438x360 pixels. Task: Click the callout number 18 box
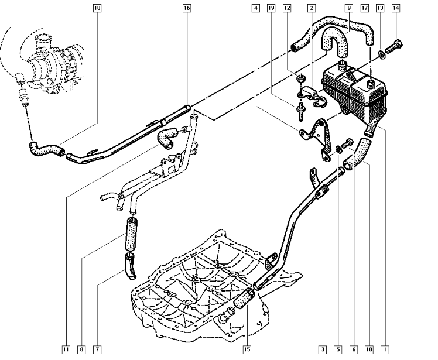click(97, 8)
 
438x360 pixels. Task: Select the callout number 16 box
click(187, 8)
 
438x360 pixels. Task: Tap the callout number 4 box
click(256, 8)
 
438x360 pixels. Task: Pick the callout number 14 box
click(396, 8)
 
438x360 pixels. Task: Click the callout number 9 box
click(348, 8)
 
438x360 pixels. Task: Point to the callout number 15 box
click(247, 350)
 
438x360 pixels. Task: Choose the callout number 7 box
click(97, 350)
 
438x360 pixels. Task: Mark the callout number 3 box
click(321, 350)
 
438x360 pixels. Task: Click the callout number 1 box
click(385, 350)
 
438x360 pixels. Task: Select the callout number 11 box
click(66, 350)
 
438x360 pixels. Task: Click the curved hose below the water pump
click(45, 149)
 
